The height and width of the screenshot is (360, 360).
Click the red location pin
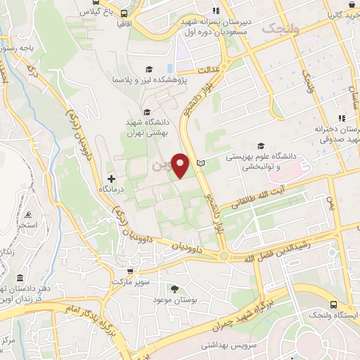(181, 165)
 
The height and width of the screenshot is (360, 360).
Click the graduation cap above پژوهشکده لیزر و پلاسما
(148, 69)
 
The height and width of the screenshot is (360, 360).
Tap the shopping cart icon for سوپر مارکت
(129, 271)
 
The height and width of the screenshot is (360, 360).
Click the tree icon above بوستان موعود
(174, 288)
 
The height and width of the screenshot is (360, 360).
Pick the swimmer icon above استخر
(27, 213)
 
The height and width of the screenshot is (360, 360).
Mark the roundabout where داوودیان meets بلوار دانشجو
(224, 256)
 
